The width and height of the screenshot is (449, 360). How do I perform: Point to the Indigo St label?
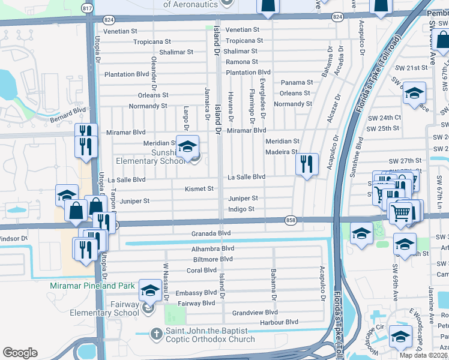tap(241, 209)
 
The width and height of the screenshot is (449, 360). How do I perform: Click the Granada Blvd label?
tap(211, 233)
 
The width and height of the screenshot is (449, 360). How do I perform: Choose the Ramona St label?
tap(241, 62)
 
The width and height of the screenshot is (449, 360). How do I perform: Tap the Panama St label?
tap(297, 83)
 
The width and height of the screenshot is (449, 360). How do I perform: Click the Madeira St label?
tap(282, 152)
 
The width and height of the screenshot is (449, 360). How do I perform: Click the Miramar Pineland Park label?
tap(92, 286)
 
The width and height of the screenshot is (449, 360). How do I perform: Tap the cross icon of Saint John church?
tap(156, 333)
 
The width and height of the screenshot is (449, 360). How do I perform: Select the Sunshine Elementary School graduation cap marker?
tap(187, 146)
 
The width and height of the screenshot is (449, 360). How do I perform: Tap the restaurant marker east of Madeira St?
tap(307, 163)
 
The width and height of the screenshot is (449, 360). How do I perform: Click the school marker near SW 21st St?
tap(414, 93)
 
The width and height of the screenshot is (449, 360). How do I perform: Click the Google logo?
tap(20, 352)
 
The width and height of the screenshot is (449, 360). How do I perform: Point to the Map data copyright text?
tap(423, 355)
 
